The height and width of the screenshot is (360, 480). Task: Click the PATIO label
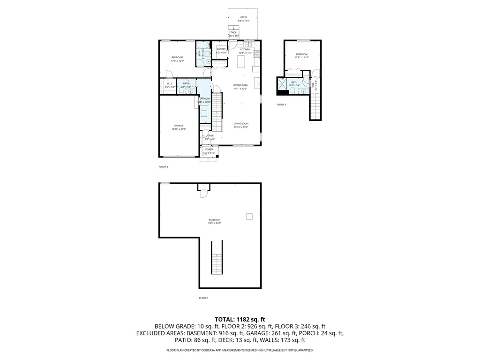pyautogui.click(x=244, y=17)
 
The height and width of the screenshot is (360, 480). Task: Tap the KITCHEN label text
pyautogui.click(x=245, y=49)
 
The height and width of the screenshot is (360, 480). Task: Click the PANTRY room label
pyautogui.click(x=221, y=49)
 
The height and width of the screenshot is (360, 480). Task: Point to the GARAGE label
pyautogui.click(x=179, y=126)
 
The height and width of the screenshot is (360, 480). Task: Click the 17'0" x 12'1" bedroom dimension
pyautogui.click(x=177, y=61)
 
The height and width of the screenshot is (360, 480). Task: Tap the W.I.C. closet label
pyautogui.click(x=170, y=83)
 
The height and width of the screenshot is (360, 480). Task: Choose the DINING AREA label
pyautogui.click(x=240, y=85)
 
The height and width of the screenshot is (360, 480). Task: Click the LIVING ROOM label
pyautogui.click(x=241, y=123)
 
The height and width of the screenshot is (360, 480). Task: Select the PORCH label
pyautogui.click(x=209, y=149)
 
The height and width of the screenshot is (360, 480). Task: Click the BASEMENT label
pyautogui.click(x=215, y=220)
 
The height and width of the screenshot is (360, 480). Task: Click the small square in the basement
pyautogui.click(x=249, y=216)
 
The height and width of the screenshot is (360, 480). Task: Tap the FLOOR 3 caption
pyautogui.click(x=281, y=105)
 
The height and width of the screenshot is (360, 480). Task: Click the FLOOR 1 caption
pyautogui.click(x=203, y=298)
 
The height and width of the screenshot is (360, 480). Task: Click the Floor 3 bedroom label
pyautogui.click(x=301, y=54)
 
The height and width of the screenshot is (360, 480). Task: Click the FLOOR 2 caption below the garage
pyautogui.click(x=163, y=166)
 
